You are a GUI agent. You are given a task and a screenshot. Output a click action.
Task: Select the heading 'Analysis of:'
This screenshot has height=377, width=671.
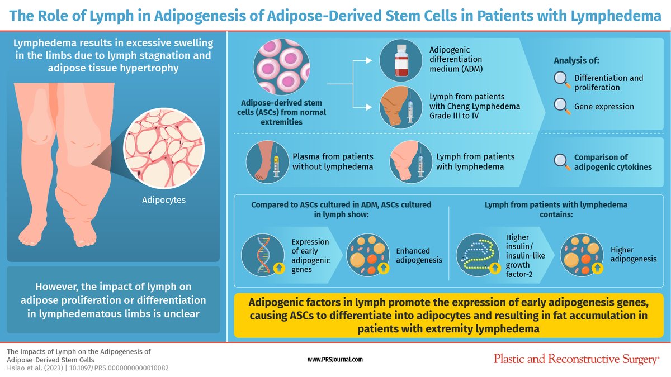pyautogui.click(x=576, y=60)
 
